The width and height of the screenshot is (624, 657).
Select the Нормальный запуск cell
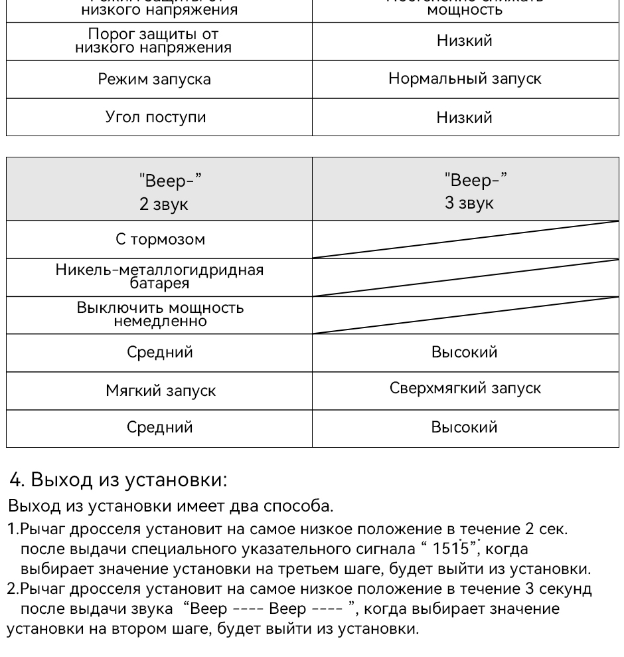(465, 80)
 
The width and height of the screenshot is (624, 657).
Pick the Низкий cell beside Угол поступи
(465, 118)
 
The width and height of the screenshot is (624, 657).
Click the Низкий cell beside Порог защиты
(465, 41)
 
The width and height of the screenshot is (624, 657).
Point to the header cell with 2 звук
(159, 192)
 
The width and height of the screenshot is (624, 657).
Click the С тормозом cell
(159, 240)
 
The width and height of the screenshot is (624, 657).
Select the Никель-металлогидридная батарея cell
(159, 277)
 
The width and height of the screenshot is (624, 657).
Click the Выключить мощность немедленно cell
(159, 315)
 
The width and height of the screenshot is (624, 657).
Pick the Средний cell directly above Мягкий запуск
(159, 352)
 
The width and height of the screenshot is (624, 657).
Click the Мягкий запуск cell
(159, 391)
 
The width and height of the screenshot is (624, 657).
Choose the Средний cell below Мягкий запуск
(159, 428)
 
